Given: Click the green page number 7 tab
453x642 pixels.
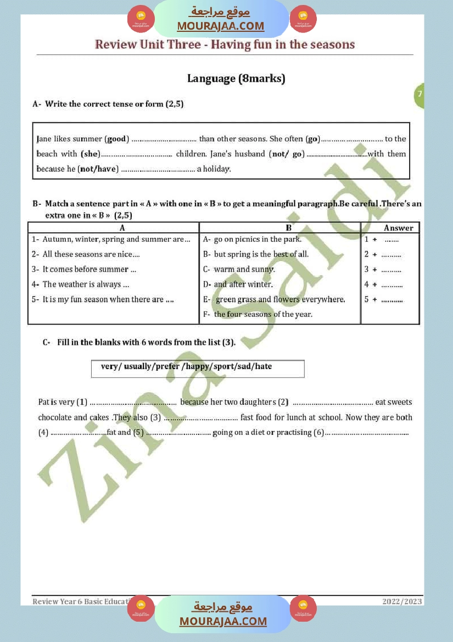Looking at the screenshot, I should click(420, 94).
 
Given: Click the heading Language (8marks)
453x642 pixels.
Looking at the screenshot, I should click(236, 79).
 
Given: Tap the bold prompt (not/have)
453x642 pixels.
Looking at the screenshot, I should click(98, 169).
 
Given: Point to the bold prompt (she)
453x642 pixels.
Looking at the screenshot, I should click(91, 154).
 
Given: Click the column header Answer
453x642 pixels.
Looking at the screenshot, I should click(398, 228).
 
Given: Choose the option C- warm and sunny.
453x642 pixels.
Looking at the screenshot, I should click(239, 269).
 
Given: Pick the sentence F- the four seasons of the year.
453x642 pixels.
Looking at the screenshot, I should click(258, 314).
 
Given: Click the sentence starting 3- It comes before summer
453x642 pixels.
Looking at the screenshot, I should click(84, 269).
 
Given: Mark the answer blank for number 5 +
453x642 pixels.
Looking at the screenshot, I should click(392, 300).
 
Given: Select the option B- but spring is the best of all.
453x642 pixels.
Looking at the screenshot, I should click(256, 254).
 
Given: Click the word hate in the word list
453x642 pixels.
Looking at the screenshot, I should click(264, 366).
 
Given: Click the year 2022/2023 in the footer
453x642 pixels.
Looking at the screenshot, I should click(402, 601).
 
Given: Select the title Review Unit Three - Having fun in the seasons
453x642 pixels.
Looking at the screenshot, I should click(225, 44).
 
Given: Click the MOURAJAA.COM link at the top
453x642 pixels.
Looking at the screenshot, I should click(221, 26).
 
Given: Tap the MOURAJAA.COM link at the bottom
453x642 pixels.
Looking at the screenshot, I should click(223, 621).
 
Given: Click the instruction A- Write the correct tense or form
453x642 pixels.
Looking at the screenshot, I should click(108, 104).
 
